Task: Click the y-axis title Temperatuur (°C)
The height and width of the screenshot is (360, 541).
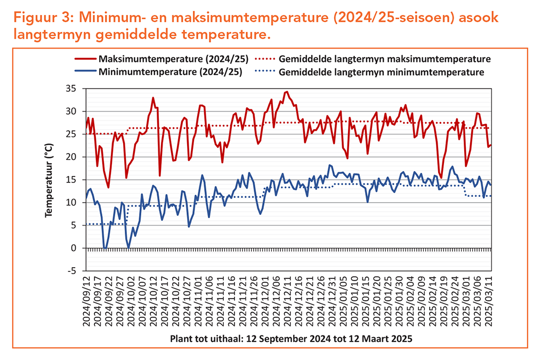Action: tap(50, 180)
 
